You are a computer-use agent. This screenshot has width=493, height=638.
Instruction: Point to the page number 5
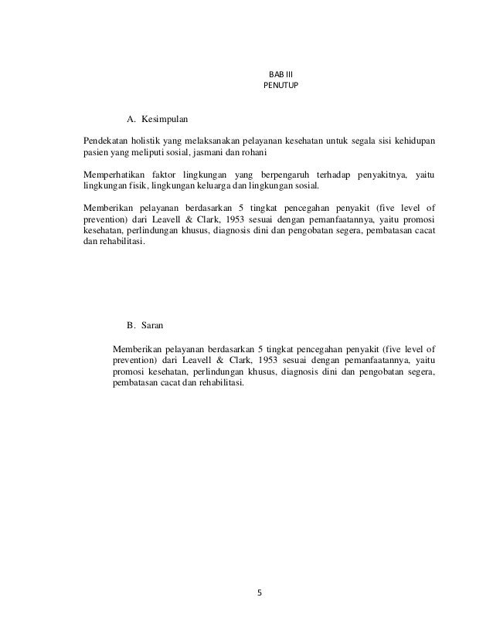(x=260, y=593)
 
